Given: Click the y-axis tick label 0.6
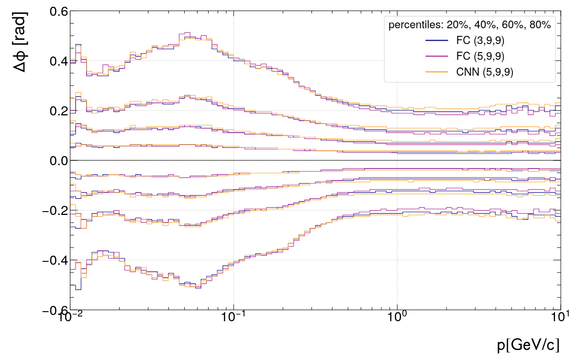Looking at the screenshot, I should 56,11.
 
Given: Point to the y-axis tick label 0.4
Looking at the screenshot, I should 56,61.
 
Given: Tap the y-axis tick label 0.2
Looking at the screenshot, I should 56,111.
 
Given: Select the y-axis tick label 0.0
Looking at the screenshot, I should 56,161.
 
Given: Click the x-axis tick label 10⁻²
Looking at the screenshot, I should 70,317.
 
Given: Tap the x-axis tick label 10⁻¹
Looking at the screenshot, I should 233,317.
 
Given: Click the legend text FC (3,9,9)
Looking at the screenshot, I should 480,41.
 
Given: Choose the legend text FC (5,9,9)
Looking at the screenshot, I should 480,56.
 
